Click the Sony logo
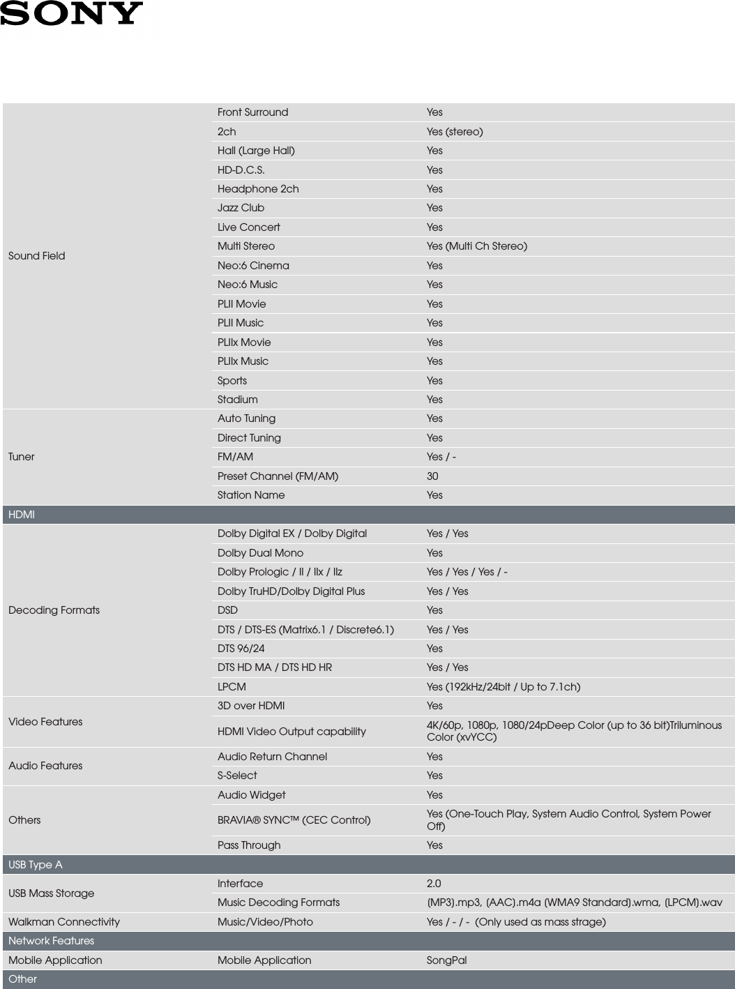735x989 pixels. click(71, 13)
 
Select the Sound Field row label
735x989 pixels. click(37, 256)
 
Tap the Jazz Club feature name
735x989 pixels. click(241, 208)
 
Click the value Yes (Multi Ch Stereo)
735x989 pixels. click(477, 246)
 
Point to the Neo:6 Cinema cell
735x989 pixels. click(253, 266)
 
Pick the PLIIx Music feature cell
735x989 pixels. click(243, 361)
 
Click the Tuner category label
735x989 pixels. click(22, 457)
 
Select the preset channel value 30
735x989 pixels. click(432, 476)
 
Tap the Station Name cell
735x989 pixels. click(251, 495)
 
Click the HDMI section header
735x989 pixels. click(22, 515)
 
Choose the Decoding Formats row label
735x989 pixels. click(54, 610)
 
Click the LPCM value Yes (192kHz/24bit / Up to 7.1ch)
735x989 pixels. click(503, 687)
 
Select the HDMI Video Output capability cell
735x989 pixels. click(291, 732)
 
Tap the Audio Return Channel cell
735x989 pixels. click(272, 757)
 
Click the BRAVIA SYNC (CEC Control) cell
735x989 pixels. click(294, 820)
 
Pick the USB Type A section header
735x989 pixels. click(36, 865)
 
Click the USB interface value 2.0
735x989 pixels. click(434, 884)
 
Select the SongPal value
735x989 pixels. click(446, 960)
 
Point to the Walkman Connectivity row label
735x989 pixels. click(64, 922)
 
